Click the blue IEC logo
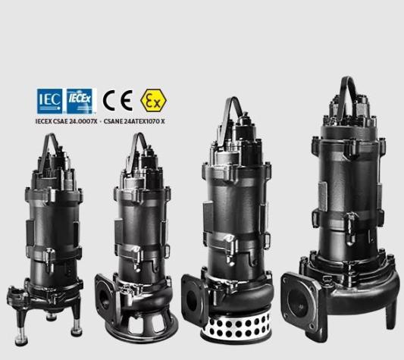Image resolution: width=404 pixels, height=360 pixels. (x=49, y=101)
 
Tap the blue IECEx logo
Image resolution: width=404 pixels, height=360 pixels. (x=80, y=101)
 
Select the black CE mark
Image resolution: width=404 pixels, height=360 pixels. (x=117, y=101)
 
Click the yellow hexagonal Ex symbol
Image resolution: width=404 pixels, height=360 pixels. (x=153, y=100)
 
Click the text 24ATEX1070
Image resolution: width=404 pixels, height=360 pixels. (x=141, y=121)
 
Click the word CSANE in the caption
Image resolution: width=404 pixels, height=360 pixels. (x=113, y=121)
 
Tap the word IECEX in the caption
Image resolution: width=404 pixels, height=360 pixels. (x=43, y=121)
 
